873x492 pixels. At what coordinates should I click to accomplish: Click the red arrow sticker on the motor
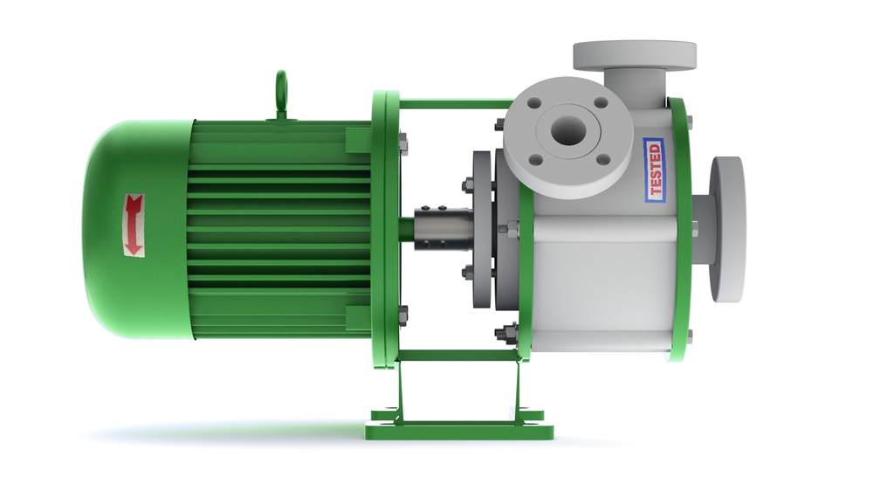[134, 225]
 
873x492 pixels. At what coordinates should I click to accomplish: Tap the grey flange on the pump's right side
[727, 229]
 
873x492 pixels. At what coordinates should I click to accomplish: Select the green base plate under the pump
[458, 428]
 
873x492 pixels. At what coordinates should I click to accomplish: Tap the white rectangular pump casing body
[602, 280]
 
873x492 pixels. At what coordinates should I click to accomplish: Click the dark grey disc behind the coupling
[481, 230]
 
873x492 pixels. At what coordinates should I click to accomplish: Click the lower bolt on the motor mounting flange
[402, 315]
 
